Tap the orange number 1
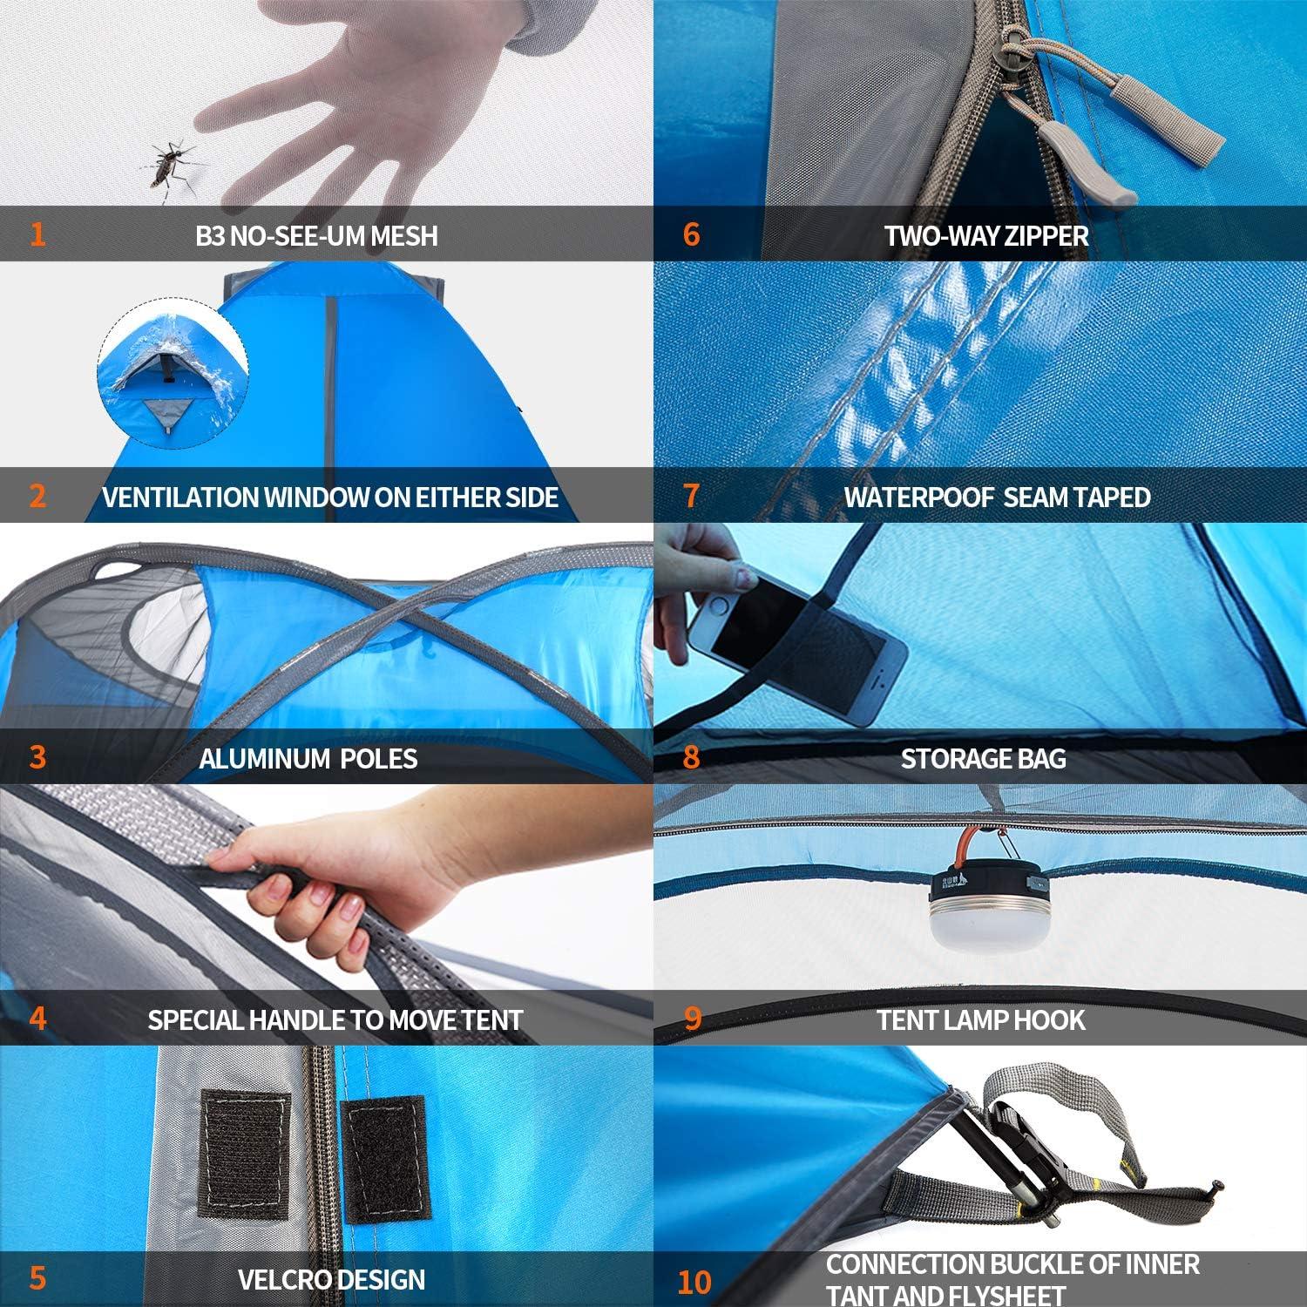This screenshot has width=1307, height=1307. pos(37,234)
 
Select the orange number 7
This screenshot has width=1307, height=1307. pos(691,496)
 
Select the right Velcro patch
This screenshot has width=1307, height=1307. pos(384,1158)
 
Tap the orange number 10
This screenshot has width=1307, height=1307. pos(694,1282)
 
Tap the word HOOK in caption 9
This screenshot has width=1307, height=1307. pos(1052,1019)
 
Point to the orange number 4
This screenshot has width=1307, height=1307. pos(37,1018)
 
